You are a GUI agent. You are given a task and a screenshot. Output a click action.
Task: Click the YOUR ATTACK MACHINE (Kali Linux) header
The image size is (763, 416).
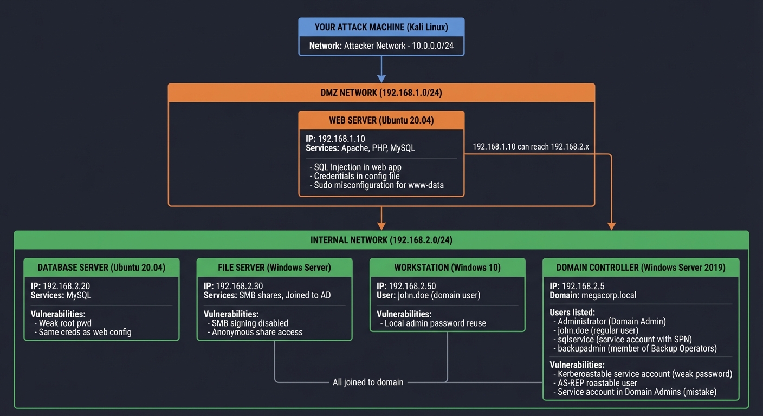point(381,27)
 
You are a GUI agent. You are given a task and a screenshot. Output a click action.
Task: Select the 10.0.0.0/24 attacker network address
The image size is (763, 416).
point(432,46)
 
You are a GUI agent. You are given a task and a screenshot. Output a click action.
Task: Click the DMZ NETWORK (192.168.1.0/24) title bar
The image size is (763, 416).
point(381,93)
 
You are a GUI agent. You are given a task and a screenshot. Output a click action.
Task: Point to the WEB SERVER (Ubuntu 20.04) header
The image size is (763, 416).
point(381,120)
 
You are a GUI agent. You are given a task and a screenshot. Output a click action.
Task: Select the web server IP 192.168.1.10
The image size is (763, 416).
point(341,139)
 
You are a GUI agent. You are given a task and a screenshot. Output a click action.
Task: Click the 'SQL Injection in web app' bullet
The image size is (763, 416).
point(358,167)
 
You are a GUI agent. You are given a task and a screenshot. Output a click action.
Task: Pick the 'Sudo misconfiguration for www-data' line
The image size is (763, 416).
point(379,185)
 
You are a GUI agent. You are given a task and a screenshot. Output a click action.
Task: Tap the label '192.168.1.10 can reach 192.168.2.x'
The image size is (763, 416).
point(531,146)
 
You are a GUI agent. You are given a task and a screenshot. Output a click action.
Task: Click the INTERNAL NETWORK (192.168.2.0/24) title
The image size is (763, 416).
point(381,240)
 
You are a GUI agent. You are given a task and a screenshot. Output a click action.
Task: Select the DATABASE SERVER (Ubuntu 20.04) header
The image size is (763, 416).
point(101,268)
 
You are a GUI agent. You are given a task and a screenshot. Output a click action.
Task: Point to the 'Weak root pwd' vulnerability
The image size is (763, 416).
point(65,323)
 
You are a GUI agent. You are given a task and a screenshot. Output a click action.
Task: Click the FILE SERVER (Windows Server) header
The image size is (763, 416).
point(274,268)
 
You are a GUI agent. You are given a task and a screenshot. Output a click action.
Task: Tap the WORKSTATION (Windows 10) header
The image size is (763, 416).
point(447,268)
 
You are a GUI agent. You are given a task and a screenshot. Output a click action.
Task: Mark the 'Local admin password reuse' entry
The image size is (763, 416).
point(435,323)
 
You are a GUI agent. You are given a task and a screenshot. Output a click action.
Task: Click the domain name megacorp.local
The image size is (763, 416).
point(609,295)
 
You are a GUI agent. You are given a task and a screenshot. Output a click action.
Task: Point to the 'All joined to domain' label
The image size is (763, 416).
point(368,382)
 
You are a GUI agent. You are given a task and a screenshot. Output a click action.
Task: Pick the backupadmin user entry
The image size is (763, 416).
point(637,348)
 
